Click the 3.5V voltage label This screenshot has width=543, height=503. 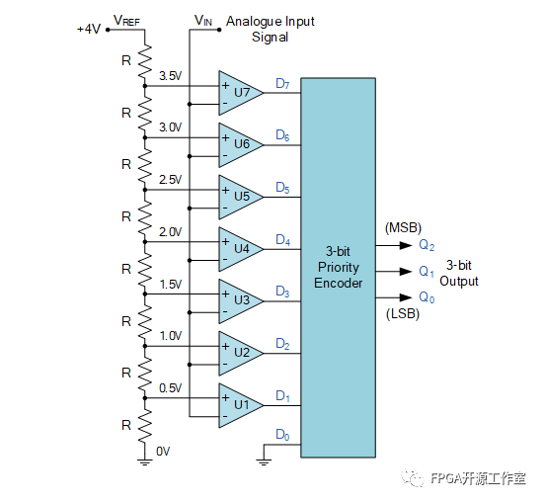(x=170, y=75)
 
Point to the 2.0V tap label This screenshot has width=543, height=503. (x=170, y=231)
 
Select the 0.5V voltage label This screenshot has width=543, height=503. (x=170, y=387)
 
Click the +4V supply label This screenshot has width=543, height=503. (x=89, y=29)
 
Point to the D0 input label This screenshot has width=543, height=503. (x=282, y=434)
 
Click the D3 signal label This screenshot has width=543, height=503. (x=282, y=292)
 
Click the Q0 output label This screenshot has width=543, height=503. (x=426, y=296)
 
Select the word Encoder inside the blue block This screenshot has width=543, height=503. (x=339, y=283)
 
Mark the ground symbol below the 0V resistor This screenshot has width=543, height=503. (x=145, y=456)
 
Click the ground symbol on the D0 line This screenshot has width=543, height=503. (x=265, y=457)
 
